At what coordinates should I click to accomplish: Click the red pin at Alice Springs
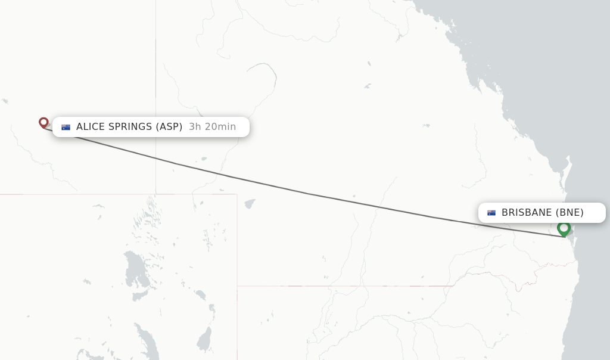pos(43,123)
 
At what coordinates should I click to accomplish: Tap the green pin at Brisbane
pos(564,228)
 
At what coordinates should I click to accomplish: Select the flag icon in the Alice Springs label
pos(66,127)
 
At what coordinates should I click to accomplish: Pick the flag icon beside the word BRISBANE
pos(491,213)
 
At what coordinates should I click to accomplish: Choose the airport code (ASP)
pos(169,127)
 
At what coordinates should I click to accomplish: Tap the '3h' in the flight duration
pos(195,127)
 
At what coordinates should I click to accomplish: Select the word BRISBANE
pos(527,213)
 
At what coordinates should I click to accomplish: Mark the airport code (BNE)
pos(569,213)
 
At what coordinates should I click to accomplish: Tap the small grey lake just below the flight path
pos(250,203)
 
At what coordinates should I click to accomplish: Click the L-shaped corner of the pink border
pos(236,194)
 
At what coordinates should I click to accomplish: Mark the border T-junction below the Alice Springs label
pos(156,194)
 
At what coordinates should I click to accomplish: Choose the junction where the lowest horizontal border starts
pos(237,286)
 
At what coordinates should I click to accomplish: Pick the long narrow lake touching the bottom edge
pos(145,343)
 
